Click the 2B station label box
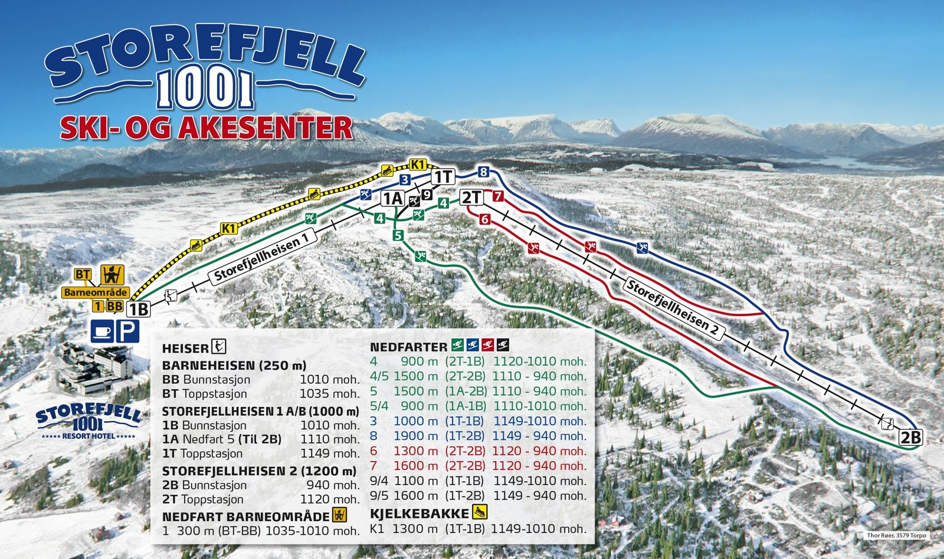pyautogui.click(x=910, y=437)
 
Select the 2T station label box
pyautogui.click(x=471, y=197)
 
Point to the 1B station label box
pyautogui.click(x=139, y=308)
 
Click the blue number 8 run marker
pyautogui.click(x=484, y=172)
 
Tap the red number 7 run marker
pyautogui.click(x=499, y=196)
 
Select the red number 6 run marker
pyautogui.click(x=485, y=219)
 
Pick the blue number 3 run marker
pyautogui.click(x=405, y=180)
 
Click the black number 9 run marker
pyautogui.click(x=427, y=194)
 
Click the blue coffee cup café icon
pyautogui.click(x=101, y=331)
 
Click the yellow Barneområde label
pyautogui.click(x=96, y=292)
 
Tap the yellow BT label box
pyautogui.click(x=83, y=274)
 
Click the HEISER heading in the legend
pyautogui.click(x=185, y=348)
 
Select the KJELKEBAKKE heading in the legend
pyautogui.click(x=419, y=513)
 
